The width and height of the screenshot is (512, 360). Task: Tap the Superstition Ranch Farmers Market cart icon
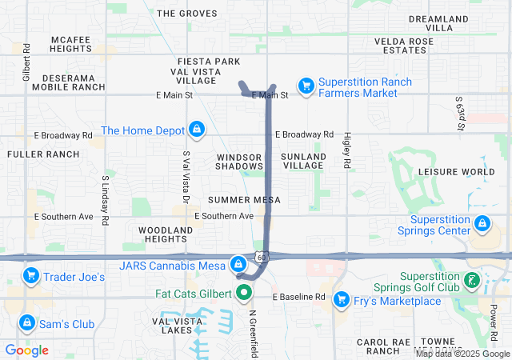pyautogui.click(x=306, y=85)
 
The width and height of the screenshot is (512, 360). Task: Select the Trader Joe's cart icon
pyautogui.click(x=31, y=277)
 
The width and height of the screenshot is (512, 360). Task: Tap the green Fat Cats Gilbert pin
pyautogui.click(x=244, y=293)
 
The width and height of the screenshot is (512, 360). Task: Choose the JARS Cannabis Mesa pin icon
pyautogui.click(x=238, y=263)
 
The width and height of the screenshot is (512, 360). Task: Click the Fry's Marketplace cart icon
pyautogui.click(x=342, y=299)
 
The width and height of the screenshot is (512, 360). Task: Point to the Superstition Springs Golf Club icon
pyautogui.click(x=474, y=280)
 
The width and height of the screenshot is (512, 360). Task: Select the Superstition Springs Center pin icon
pyautogui.click(x=482, y=223)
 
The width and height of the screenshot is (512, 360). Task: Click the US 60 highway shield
pyautogui.click(x=262, y=256)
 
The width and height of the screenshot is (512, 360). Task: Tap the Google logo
pyautogui.click(x=26, y=350)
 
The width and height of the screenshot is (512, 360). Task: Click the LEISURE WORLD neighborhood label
pyautogui.click(x=457, y=172)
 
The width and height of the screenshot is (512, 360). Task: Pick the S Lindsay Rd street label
pyautogui.click(x=105, y=200)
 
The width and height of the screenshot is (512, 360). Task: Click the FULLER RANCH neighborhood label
pyautogui.click(x=43, y=154)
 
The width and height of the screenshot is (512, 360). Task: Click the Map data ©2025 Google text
pyautogui.click(x=462, y=354)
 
